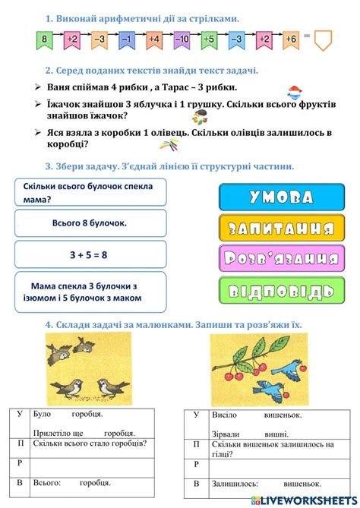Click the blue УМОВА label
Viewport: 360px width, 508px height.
276,197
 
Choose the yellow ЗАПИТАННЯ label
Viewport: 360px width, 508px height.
276,228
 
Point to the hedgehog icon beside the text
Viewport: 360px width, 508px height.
201,115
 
